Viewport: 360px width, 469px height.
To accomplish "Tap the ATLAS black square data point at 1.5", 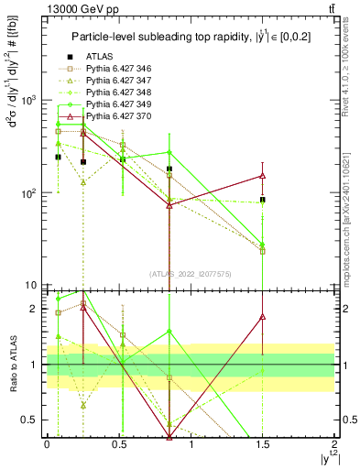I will [x=263, y=200].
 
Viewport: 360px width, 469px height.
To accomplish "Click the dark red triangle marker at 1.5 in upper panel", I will [x=263, y=175].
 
